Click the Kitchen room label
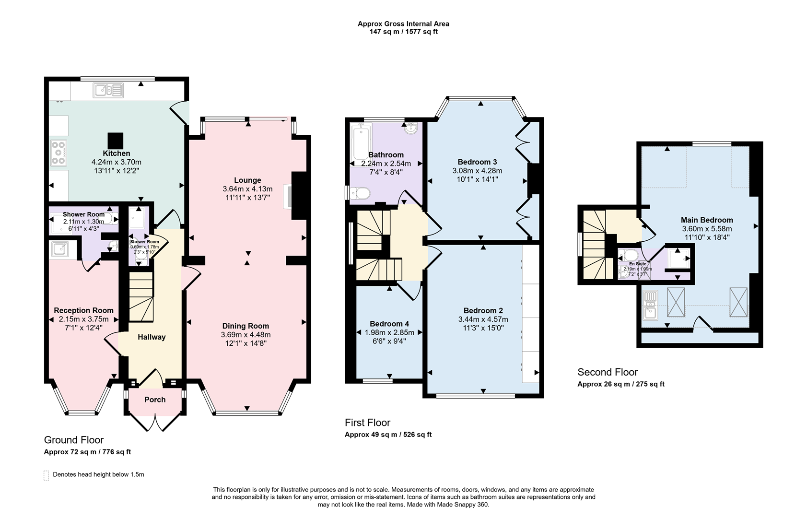click(x=116, y=153)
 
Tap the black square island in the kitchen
click(x=116, y=141)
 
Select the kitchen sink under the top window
click(x=108, y=90)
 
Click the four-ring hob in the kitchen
click(x=58, y=153)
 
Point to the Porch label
click(x=155, y=400)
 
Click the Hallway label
click(x=152, y=337)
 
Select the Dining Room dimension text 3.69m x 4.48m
click(x=246, y=335)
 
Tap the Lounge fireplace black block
click(x=299, y=196)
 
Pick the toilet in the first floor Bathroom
click(x=361, y=193)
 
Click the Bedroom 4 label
click(x=389, y=324)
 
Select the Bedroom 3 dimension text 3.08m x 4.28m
click(x=477, y=171)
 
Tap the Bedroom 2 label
click(x=483, y=310)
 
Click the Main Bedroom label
click(x=707, y=220)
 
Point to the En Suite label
click(x=637, y=264)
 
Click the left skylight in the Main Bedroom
click(x=676, y=302)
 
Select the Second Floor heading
click(x=608, y=372)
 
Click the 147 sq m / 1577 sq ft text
click(x=403, y=32)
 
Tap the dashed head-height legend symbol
click(x=47, y=475)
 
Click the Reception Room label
click(x=83, y=310)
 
